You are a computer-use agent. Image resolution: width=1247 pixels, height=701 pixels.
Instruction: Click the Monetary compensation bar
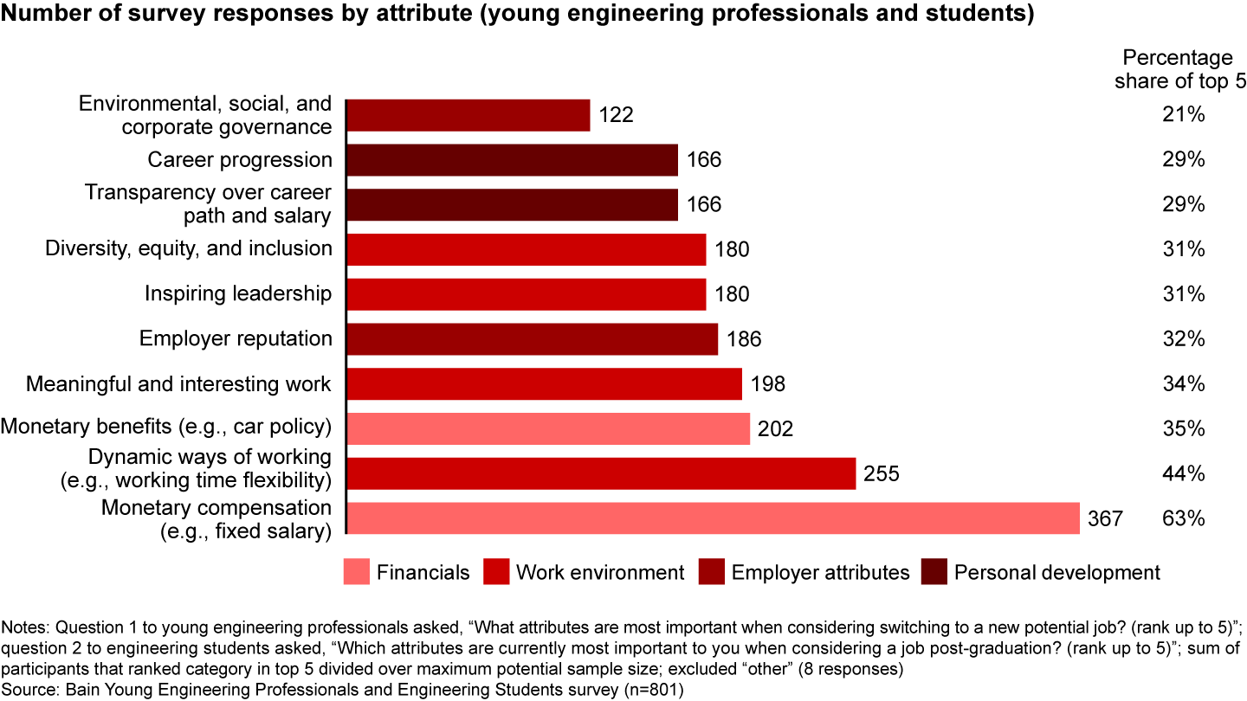point(713,518)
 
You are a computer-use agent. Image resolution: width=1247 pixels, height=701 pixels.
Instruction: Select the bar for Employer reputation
point(532,339)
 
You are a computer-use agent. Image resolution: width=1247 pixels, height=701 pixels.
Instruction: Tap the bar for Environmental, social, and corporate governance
point(468,115)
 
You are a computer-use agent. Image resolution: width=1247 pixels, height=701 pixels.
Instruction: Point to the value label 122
point(616,115)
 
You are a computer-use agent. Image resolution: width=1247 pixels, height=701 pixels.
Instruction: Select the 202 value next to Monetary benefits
point(775,429)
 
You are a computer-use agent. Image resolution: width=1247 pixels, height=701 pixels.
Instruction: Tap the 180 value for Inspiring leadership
point(732,294)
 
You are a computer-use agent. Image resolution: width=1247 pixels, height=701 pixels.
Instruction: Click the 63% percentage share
point(1183,518)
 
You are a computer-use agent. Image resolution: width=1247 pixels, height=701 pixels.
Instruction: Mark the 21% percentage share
point(1183,115)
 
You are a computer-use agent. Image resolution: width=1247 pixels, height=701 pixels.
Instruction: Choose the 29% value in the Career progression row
point(1183,160)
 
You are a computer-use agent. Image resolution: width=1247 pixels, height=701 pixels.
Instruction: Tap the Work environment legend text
point(600,572)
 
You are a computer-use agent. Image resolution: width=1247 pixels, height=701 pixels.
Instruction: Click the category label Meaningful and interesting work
point(178,383)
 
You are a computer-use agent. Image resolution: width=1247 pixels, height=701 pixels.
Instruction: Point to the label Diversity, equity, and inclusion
point(189,249)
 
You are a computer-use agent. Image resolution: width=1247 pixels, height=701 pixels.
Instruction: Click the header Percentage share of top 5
point(1177,70)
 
